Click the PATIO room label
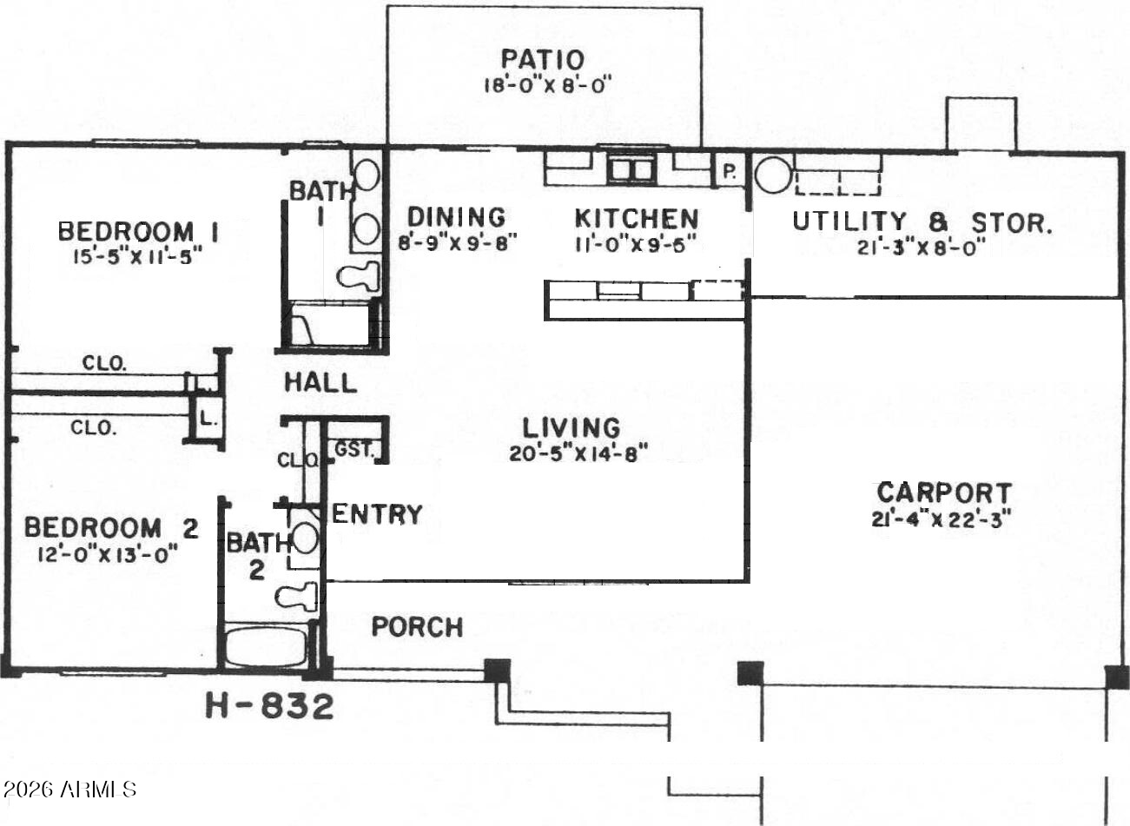(543, 60)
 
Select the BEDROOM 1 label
(137, 232)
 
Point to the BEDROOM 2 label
(111, 528)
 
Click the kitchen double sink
(631, 169)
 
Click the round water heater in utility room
(770, 175)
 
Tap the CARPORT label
(943, 492)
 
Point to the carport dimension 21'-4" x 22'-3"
(942, 519)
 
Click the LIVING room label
(572, 427)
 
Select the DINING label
(456, 216)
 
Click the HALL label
(320, 382)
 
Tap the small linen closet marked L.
(207, 420)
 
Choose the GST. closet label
(354, 449)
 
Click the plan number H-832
(269, 706)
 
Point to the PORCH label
(417, 626)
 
